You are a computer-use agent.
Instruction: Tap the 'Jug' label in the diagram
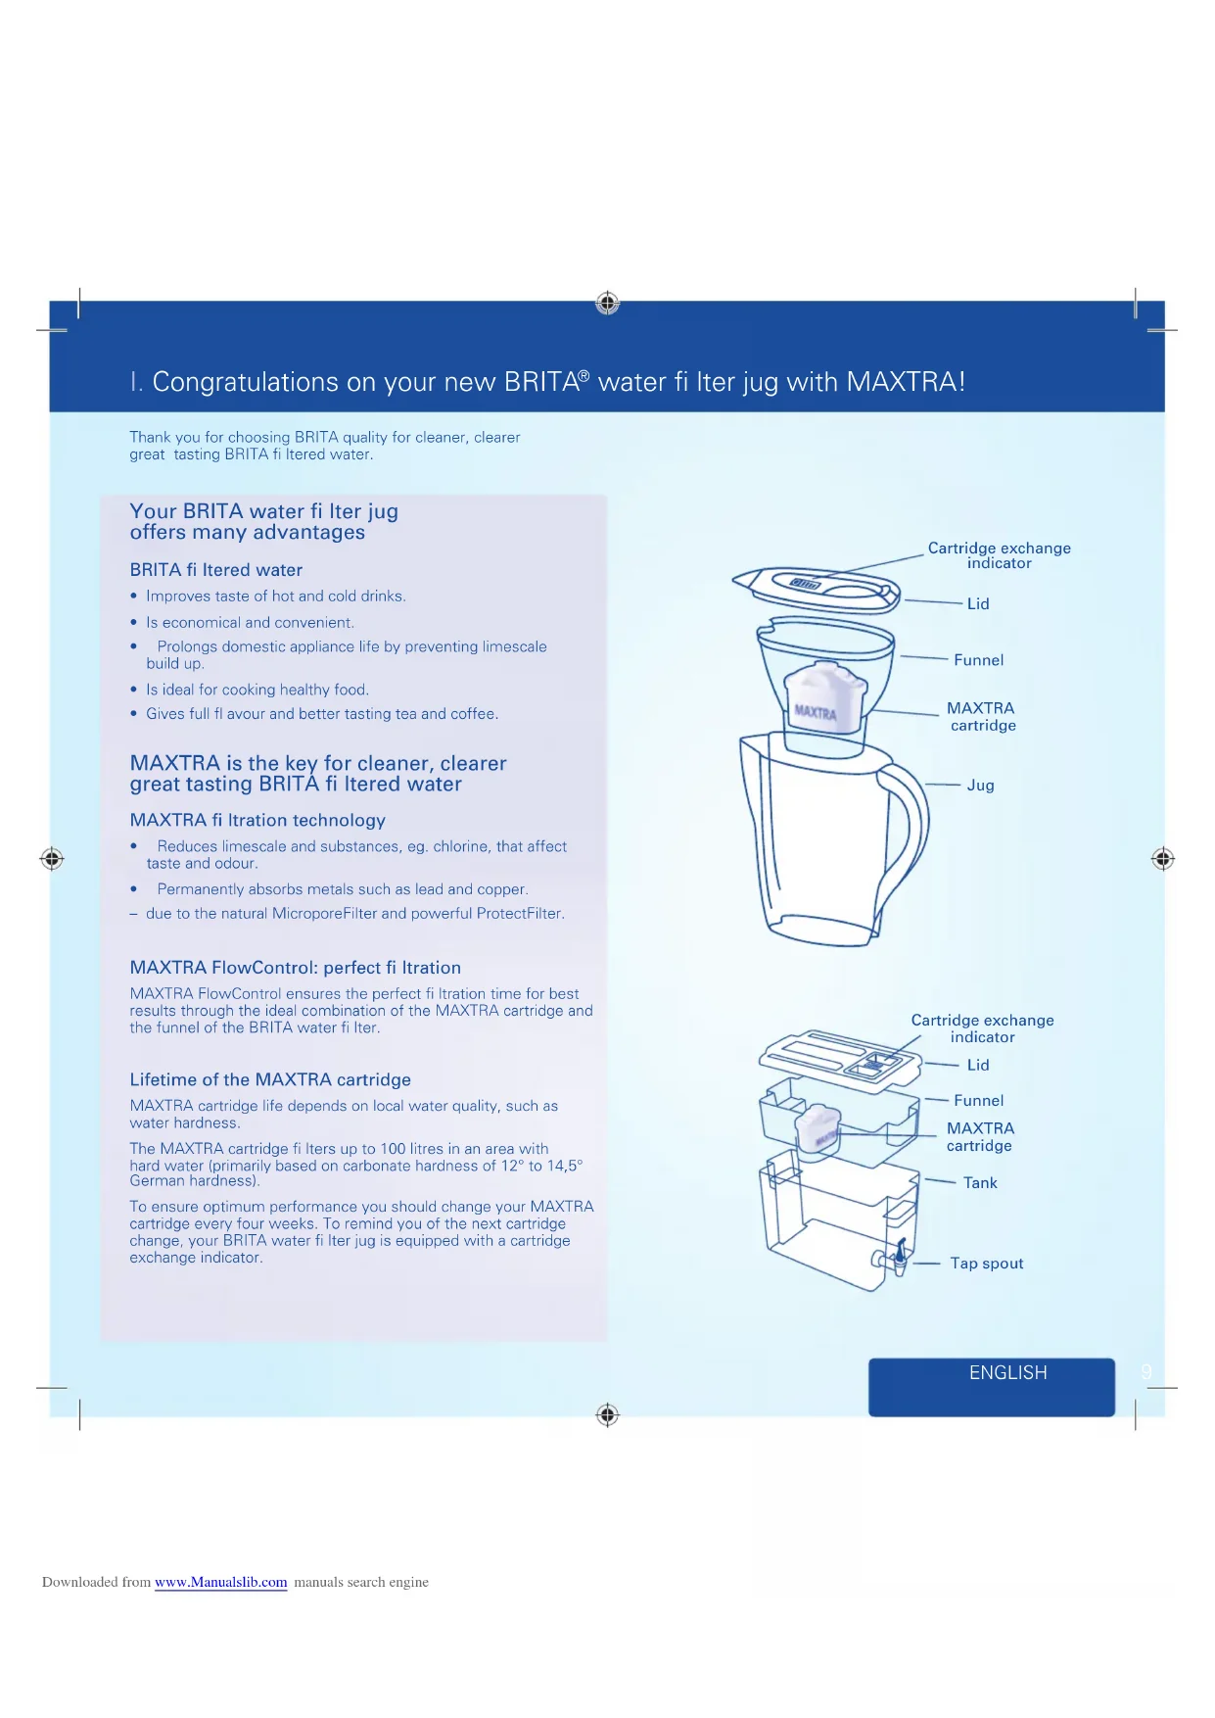980,786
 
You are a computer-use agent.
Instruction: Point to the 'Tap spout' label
986,1264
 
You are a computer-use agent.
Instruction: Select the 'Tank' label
980,1183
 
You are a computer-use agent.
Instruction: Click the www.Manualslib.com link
220,1582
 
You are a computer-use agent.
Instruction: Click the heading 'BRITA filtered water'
216,570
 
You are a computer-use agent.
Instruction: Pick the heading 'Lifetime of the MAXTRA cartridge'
270,1079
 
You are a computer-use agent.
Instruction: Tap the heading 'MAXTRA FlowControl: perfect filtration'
295,968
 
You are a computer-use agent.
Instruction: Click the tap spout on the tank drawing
900,1255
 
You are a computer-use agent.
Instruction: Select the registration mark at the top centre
607,303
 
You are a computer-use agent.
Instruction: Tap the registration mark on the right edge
1162,859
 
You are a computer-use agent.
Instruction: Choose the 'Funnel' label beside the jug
978,660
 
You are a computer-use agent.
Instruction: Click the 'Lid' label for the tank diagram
978,1065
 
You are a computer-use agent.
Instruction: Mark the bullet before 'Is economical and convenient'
134,623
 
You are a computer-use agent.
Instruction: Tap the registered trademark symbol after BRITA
584,374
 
